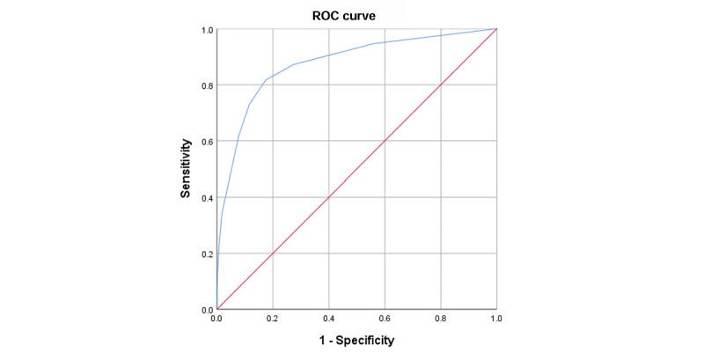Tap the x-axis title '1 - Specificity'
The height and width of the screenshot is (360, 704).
point(356,340)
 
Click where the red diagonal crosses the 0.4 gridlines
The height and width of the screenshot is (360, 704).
point(329,197)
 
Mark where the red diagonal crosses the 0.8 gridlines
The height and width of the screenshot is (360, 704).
point(442,85)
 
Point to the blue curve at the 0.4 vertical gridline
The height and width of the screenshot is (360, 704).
point(329,55)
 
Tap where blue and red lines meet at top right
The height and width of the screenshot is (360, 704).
point(497,29)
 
